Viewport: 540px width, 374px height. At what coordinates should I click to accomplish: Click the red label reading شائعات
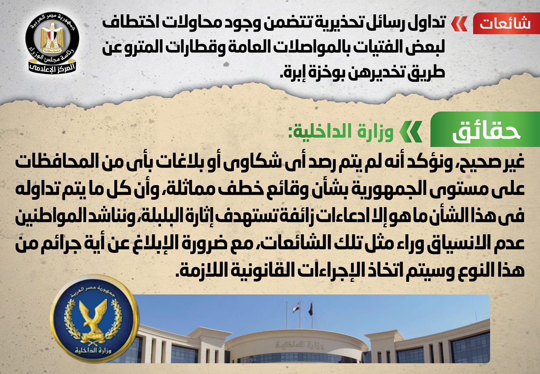[x=506, y=23]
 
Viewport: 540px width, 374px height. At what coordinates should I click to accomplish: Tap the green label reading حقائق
[x=485, y=129]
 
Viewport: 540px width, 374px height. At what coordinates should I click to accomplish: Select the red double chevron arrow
[x=459, y=24]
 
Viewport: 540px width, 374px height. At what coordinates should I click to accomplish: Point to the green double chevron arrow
[x=411, y=132]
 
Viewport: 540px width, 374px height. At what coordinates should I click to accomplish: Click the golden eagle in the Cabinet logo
[x=52, y=37]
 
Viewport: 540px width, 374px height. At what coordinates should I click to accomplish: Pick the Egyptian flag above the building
[x=296, y=308]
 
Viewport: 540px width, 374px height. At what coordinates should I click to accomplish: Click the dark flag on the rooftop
[x=310, y=309]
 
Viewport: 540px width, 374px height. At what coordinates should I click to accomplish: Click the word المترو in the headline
[x=147, y=47]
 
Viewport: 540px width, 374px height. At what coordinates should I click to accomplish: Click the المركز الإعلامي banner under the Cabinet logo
[x=52, y=68]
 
